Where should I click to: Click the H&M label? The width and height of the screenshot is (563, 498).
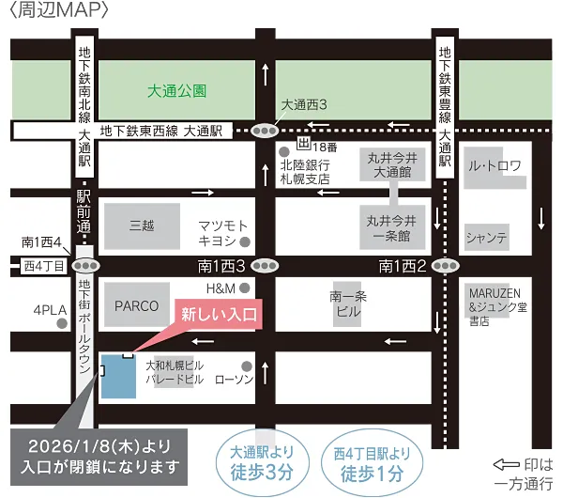219,288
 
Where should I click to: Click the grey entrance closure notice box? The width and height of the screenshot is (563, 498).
95,455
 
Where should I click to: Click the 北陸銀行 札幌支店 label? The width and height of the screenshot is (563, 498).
306,170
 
